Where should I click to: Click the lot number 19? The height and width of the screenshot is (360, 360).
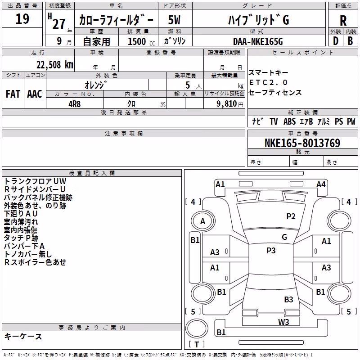(22, 19)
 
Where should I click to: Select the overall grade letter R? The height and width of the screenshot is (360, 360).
(343, 21)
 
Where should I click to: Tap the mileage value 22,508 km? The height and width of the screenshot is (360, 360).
(55, 65)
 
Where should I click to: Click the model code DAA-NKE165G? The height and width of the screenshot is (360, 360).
(258, 41)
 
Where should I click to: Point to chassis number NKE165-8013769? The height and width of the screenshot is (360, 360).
(302, 143)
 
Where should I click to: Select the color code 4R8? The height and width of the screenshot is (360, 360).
(75, 104)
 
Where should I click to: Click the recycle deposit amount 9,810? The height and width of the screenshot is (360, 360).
(227, 104)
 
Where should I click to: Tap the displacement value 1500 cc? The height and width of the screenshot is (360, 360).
(141, 41)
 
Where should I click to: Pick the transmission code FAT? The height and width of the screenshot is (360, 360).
(13, 94)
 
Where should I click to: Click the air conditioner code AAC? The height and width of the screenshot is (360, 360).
(35, 94)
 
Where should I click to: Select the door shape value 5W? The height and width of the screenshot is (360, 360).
(174, 20)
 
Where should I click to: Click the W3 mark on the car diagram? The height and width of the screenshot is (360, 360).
(283, 322)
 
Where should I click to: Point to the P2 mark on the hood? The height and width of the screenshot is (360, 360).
(291, 216)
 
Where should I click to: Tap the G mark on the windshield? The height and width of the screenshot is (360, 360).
(284, 237)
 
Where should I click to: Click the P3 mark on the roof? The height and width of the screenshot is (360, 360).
(271, 251)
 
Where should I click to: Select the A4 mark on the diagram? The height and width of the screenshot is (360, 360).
(321, 184)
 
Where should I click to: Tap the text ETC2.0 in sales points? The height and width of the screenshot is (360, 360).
(268, 82)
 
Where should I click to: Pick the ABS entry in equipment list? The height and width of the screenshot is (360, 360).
(289, 121)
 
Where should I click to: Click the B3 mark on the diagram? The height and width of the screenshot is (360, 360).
(288, 299)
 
